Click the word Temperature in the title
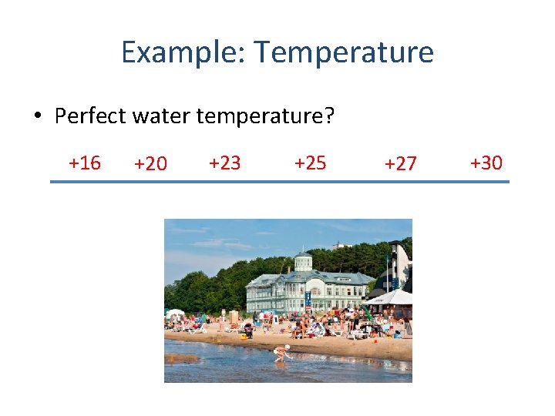point(344,52)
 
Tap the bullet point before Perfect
point(37,117)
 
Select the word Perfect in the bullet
point(91,116)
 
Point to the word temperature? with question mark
point(266,116)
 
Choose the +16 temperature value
point(84,163)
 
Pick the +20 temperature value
point(150,164)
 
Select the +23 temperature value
point(224,163)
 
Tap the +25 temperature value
point(310,163)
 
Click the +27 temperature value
point(400,164)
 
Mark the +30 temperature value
point(486,163)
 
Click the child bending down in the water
point(282,353)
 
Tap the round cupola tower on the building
point(303,261)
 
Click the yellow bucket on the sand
point(244,336)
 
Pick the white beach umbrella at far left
point(176,314)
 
